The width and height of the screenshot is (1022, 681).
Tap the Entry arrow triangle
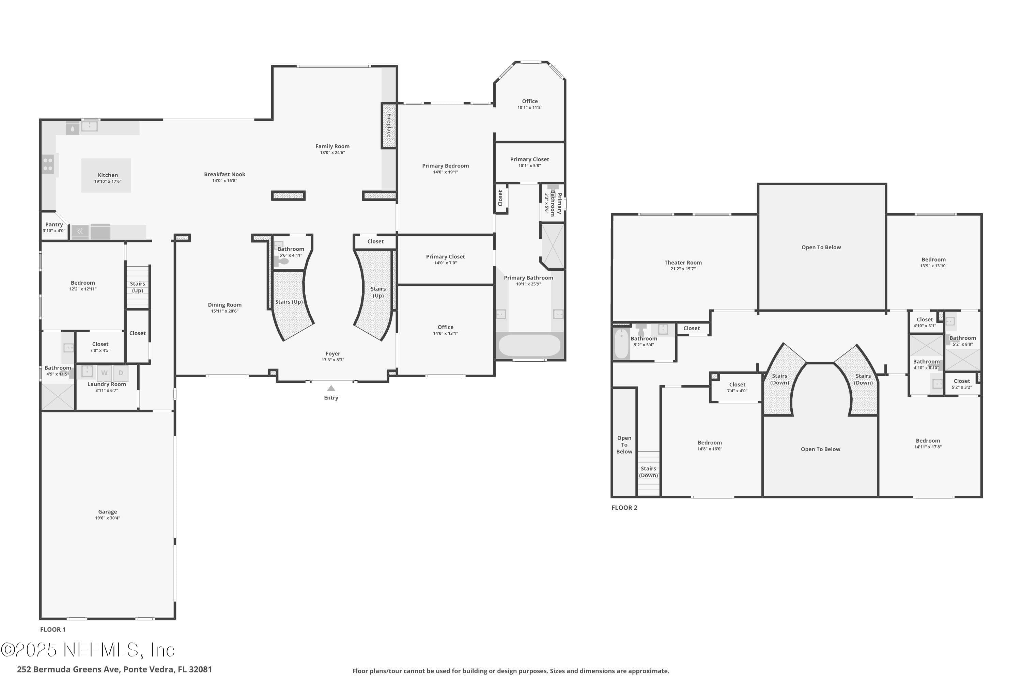coord(331,388)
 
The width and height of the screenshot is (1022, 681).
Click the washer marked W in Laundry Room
coord(104,373)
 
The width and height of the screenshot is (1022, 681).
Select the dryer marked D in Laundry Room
coord(121,373)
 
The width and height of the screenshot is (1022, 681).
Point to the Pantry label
coord(54,224)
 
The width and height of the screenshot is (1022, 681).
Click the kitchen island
coord(106,175)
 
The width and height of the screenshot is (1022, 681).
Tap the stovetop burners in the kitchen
coord(48,164)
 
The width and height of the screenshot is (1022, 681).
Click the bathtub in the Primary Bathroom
coord(530,345)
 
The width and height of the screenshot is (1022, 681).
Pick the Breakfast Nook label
coord(224,174)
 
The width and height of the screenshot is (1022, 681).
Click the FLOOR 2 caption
coord(624,507)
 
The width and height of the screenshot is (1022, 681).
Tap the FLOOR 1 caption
coord(53,629)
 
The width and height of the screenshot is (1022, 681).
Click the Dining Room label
coord(224,305)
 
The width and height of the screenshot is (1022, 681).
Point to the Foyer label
coord(333,353)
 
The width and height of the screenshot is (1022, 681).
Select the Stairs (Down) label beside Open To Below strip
coord(648,472)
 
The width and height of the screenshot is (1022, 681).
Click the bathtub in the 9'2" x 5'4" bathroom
coord(621,344)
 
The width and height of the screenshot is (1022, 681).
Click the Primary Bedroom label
coord(445,165)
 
